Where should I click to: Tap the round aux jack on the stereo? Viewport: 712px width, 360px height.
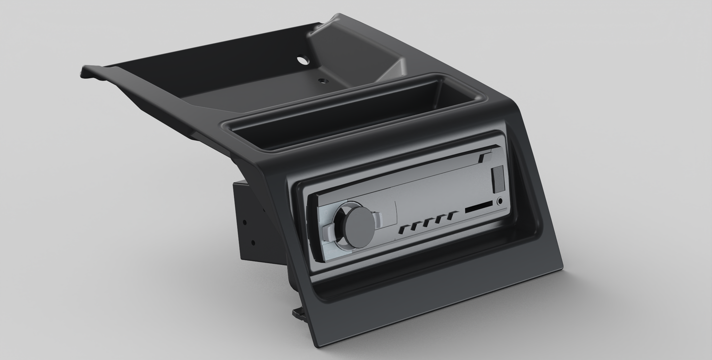pyautogui.click(x=501, y=201)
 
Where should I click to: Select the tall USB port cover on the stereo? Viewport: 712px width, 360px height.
pyautogui.click(x=498, y=178)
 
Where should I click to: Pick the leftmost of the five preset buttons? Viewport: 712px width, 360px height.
pyautogui.click(x=404, y=229)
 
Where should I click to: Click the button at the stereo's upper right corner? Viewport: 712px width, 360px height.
pyautogui.click(x=484, y=157)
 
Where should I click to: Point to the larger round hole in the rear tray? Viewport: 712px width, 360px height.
pyautogui.click(x=301, y=60)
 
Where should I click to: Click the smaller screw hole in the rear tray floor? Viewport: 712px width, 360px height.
pyautogui.click(x=323, y=80)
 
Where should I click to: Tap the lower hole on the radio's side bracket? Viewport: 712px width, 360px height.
pyautogui.click(x=253, y=243)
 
